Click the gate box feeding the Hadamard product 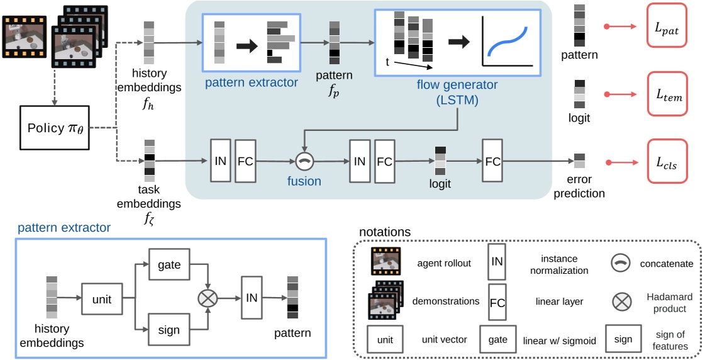169,265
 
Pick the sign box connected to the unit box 169,329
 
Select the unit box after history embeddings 102,300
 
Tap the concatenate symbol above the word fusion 304,161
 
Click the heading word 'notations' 384,232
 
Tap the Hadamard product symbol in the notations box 621,301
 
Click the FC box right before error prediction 493,161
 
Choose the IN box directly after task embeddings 220,161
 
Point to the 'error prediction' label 579,187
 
